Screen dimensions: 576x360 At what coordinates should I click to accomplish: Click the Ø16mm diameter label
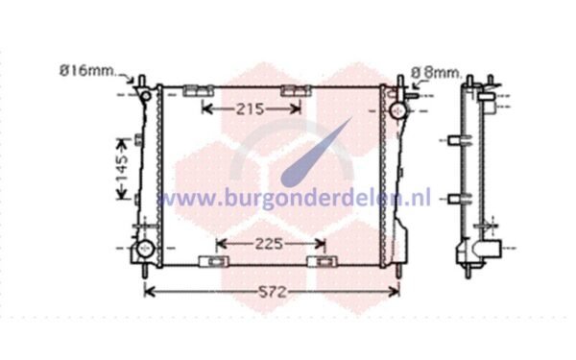[x=87, y=70]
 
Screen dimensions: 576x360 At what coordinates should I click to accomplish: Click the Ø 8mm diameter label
[x=437, y=72]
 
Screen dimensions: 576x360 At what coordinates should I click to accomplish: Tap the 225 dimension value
[x=269, y=244]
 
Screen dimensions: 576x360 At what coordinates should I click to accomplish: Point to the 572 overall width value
[x=273, y=293]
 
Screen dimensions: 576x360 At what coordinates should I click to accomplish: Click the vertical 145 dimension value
[x=122, y=169]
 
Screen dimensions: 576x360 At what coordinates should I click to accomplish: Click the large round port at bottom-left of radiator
[x=145, y=249]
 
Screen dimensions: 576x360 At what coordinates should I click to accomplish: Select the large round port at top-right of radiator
[x=397, y=110]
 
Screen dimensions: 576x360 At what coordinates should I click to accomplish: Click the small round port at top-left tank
[x=146, y=96]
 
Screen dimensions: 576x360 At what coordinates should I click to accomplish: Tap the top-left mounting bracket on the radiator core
[x=199, y=90]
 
